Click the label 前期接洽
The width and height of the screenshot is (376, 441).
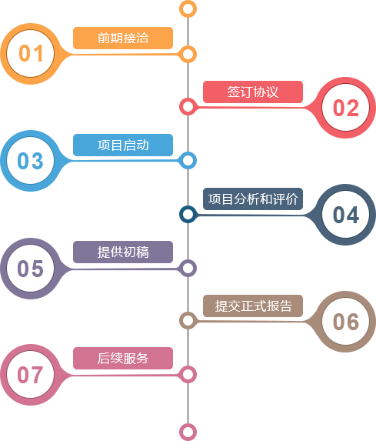(123, 38)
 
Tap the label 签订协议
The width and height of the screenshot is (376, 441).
(253, 92)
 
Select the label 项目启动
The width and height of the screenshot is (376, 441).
(123, 145)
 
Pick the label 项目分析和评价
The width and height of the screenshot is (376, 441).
(253, 199)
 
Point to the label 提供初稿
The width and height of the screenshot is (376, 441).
(123, 252)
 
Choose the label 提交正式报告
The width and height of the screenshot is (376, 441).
(253, 306)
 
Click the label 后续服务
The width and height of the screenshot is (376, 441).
(123, 359)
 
